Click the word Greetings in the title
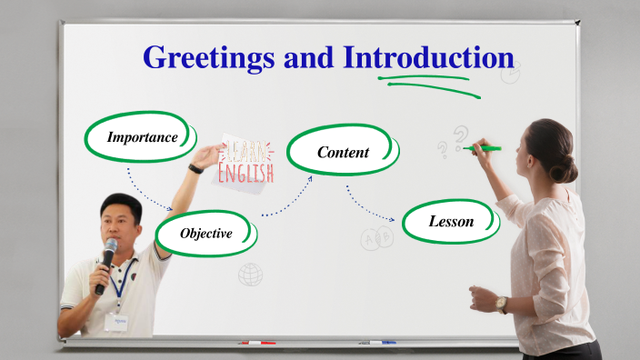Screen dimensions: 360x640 coord(210,57)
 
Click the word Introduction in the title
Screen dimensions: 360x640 coord(428,57)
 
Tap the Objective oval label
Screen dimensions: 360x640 coord(205,234)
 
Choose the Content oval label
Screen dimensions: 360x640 coord(343,152)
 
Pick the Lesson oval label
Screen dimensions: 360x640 coord(451,221)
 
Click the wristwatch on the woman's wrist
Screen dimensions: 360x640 coord(502,304)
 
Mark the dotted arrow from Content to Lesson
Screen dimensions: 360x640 coord(368,207)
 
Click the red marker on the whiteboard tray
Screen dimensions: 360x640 coord(256,343)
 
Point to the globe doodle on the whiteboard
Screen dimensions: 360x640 coord(250,274)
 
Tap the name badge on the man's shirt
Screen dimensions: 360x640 coord(115,322)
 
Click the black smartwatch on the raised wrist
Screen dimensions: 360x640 coord(195,167)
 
